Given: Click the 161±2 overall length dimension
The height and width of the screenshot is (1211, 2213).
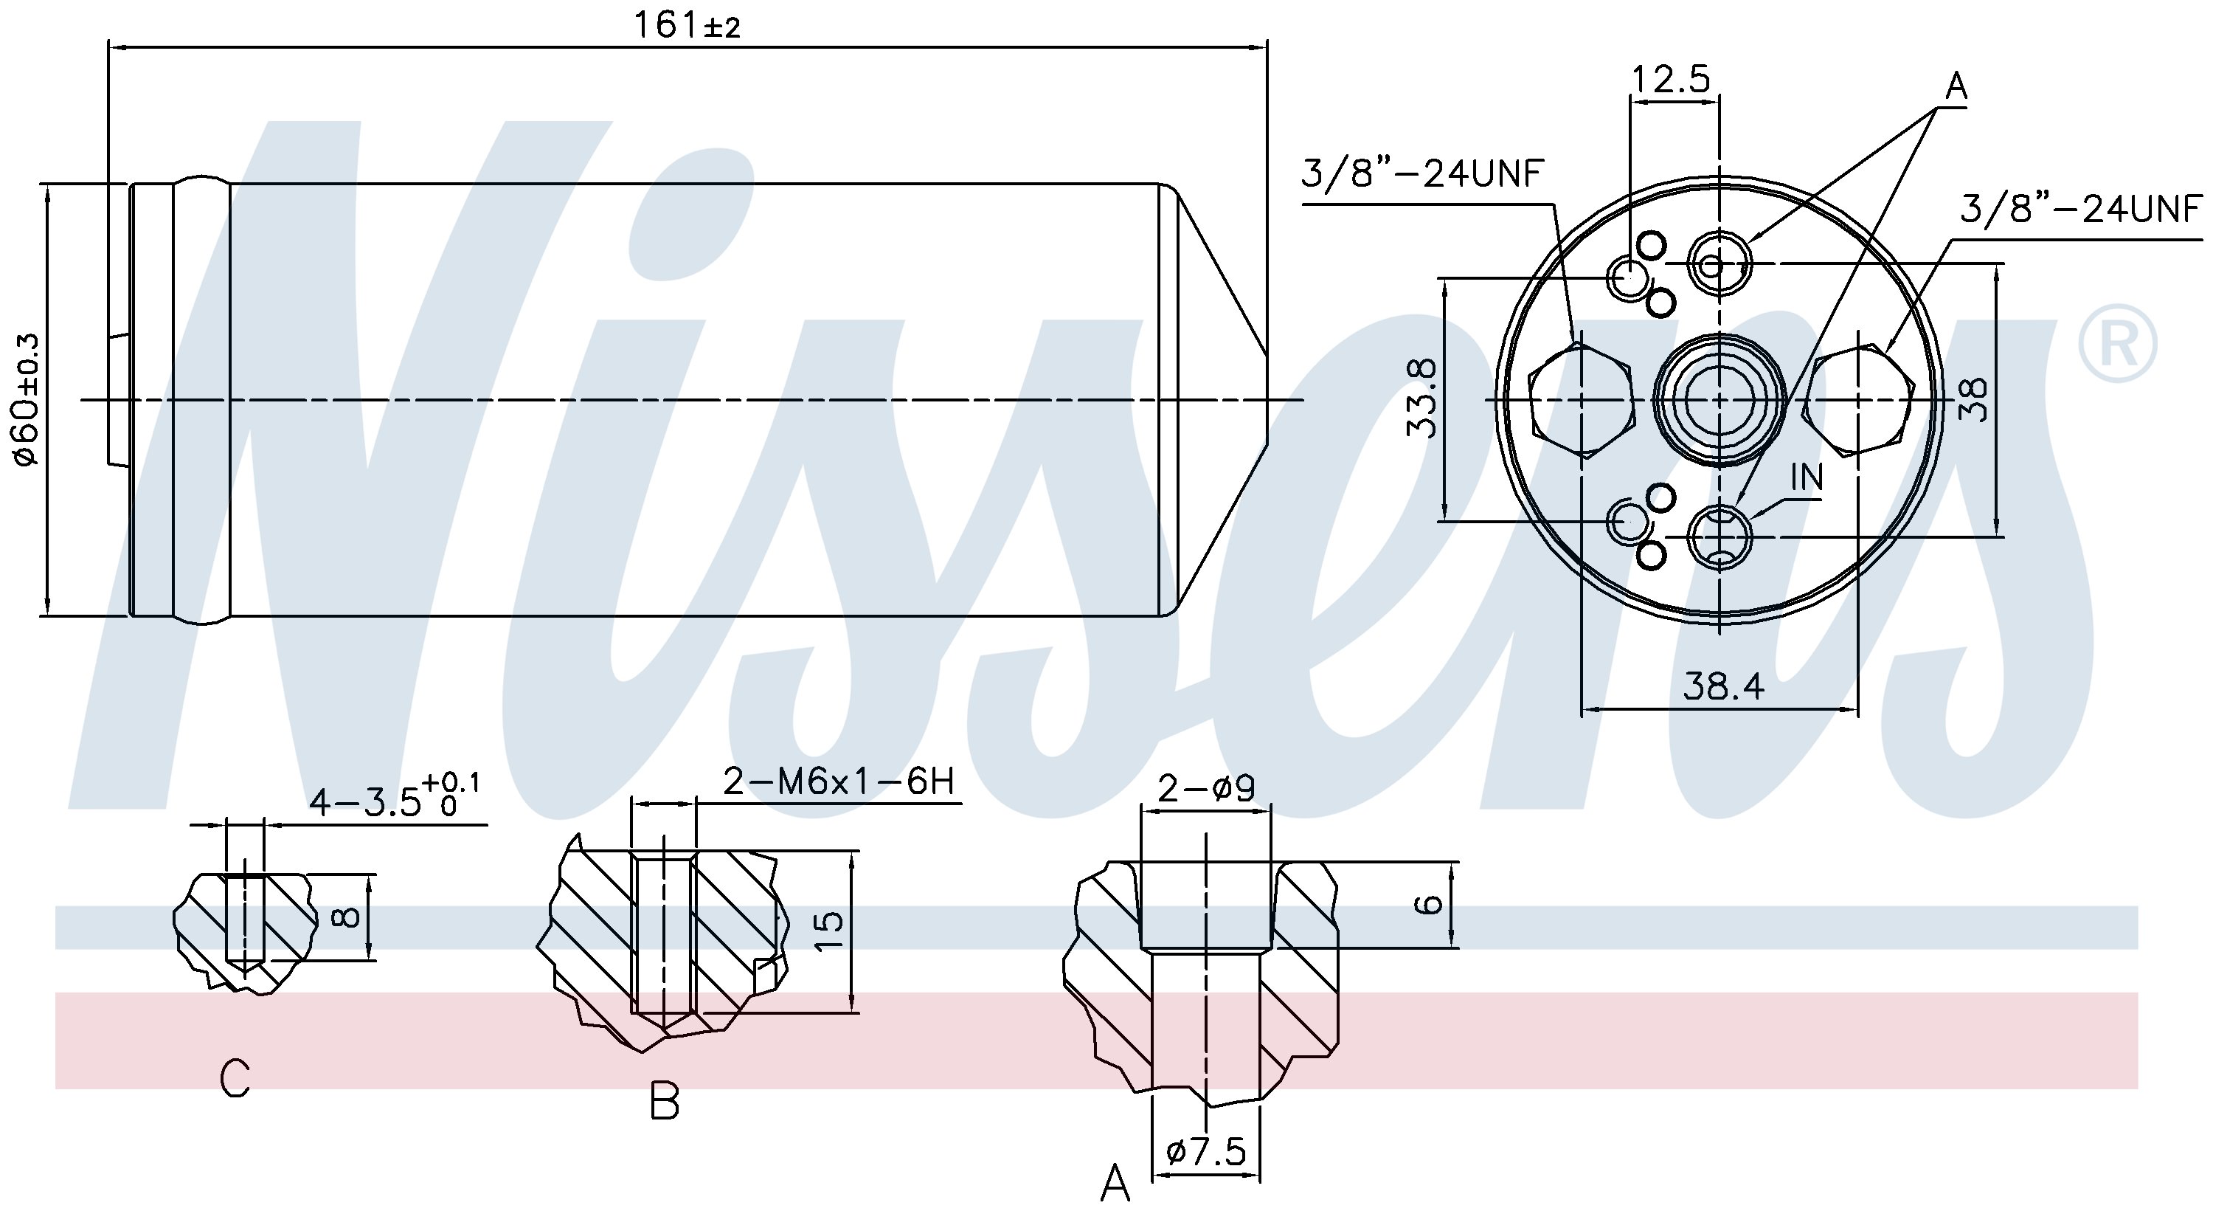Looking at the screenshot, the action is click(687, 25).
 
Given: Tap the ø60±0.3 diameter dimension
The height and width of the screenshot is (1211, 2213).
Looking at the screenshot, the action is click(27, 400).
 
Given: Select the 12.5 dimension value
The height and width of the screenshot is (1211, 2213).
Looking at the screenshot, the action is click(1671, 79).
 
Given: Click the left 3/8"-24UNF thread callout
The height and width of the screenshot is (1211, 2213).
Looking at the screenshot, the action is click(1424, 174).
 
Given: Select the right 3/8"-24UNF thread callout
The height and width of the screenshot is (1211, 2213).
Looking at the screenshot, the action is click(2081, 209).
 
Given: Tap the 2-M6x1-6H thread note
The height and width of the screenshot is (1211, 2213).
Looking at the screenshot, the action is click(839, 782).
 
